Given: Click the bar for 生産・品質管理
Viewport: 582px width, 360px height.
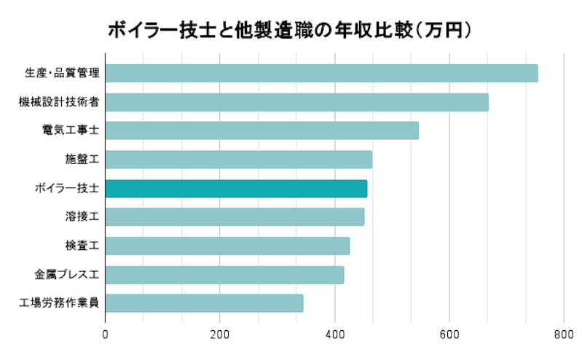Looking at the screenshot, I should (321, 74).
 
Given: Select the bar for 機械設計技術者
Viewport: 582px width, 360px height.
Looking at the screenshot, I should (296, 102).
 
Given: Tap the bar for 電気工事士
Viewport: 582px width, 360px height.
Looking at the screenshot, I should (261, 130).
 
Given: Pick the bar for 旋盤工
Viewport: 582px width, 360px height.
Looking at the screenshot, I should (238, 160).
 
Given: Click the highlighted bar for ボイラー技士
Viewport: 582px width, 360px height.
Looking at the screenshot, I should (236, 189).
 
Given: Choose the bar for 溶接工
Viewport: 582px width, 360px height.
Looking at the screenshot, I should (235, 217).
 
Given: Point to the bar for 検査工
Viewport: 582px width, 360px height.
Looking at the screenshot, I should (227, 246).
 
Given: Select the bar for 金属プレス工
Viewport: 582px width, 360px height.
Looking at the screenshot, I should (224, 275).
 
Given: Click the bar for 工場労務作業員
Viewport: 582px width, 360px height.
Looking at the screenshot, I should (204, 303).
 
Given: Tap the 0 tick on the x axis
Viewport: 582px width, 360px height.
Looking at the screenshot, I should (106, 334).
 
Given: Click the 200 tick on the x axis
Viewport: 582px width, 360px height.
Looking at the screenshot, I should (220, 334).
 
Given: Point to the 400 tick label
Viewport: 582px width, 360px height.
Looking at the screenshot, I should (335, 334).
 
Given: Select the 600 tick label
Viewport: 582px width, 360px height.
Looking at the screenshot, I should (449, 334).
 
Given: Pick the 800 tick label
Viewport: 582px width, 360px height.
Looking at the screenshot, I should (564, 334).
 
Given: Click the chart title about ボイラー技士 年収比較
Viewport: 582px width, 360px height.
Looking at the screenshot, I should (291, 30).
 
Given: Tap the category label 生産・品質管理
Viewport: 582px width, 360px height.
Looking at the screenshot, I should (61, 74).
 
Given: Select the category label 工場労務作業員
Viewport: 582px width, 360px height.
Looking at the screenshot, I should (58, 303).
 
